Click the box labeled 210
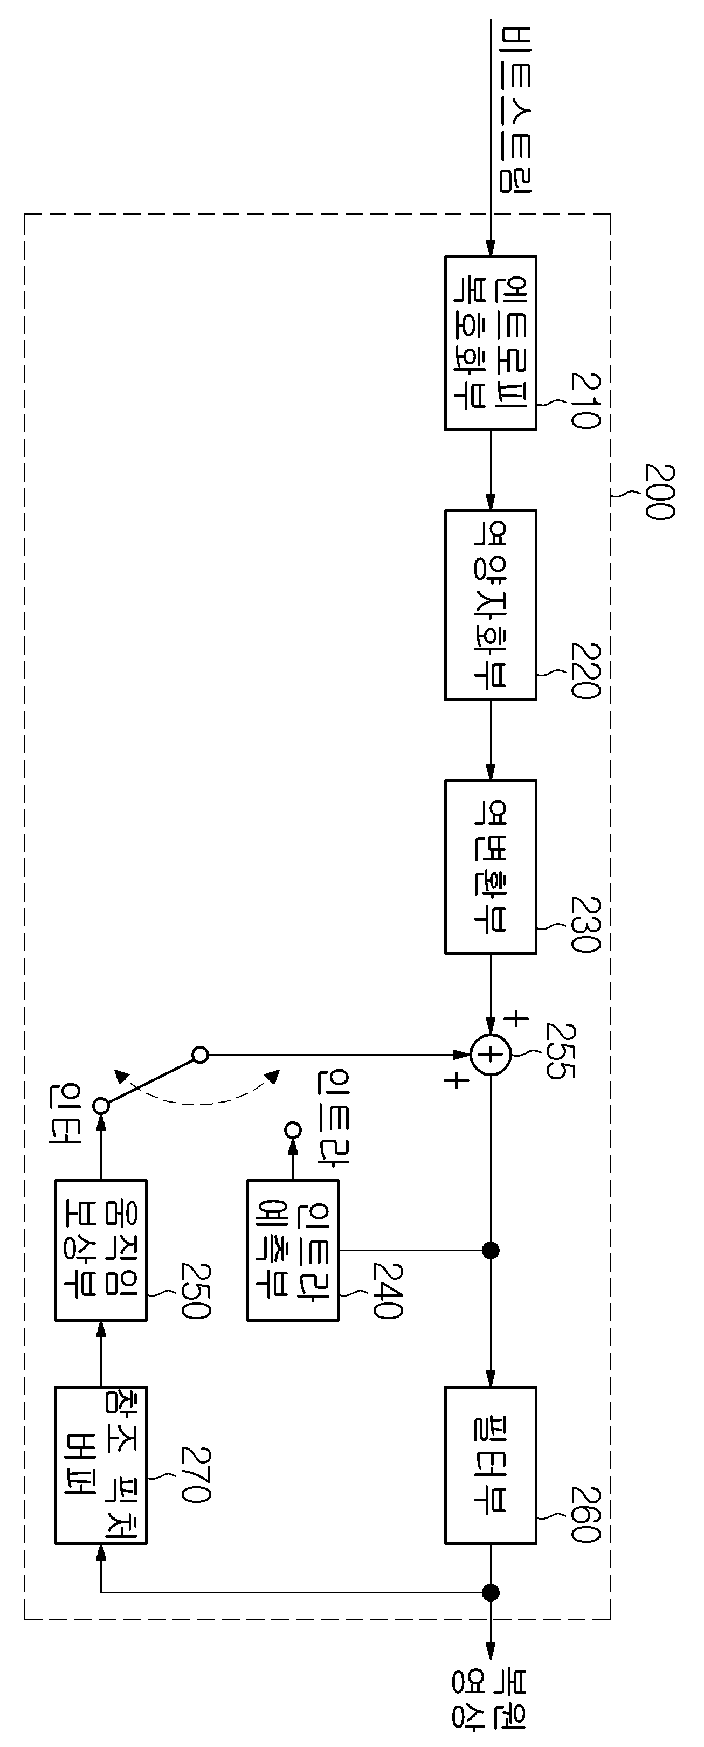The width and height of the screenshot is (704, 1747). pyautogui.click(x=491, y=343)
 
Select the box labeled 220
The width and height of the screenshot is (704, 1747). pyautogui.click(x=491, y=605)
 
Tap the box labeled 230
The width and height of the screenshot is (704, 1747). pyautogui.click(x=491, y=866)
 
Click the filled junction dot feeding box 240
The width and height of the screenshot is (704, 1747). pyautogui.click(x=491, y=1250)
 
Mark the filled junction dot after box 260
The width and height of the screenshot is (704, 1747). pyautogui.click(x=491, y=1592)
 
